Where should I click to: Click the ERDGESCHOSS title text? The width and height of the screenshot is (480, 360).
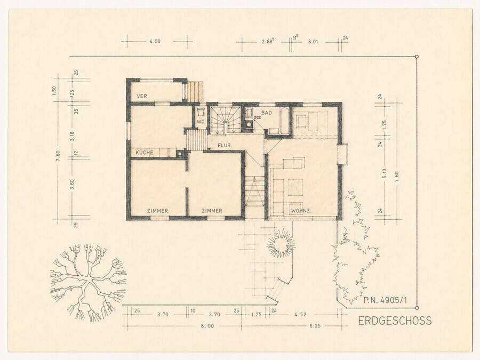(395, 321)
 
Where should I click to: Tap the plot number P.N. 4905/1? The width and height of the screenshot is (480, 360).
(386, 300)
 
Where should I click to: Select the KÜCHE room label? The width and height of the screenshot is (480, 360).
(145, 153)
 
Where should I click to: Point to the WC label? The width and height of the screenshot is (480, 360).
(201, 122)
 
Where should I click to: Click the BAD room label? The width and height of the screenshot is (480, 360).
(267, 113)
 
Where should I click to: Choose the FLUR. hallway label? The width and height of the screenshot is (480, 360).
(225, 146)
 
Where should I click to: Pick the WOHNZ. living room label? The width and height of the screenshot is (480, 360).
(301, 211)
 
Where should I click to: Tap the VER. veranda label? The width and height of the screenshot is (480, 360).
(143, 96)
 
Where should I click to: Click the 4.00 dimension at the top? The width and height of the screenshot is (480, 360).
(155, 41)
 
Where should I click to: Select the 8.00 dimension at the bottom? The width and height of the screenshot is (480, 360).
(207, 326)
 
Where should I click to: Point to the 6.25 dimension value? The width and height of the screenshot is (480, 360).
(315, 326)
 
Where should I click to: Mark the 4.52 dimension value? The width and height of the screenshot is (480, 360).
(300, 314)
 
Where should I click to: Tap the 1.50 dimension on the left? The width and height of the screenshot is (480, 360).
(54, 90)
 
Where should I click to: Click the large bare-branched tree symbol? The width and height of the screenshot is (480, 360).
(88, 282)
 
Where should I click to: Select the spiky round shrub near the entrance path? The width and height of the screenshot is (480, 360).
(281, 244)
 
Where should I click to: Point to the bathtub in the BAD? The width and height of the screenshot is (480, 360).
(285, 121)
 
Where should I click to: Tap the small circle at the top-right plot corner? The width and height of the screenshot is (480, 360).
(417, 57)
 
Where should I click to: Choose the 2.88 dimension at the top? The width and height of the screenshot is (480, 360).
(268, 41)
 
